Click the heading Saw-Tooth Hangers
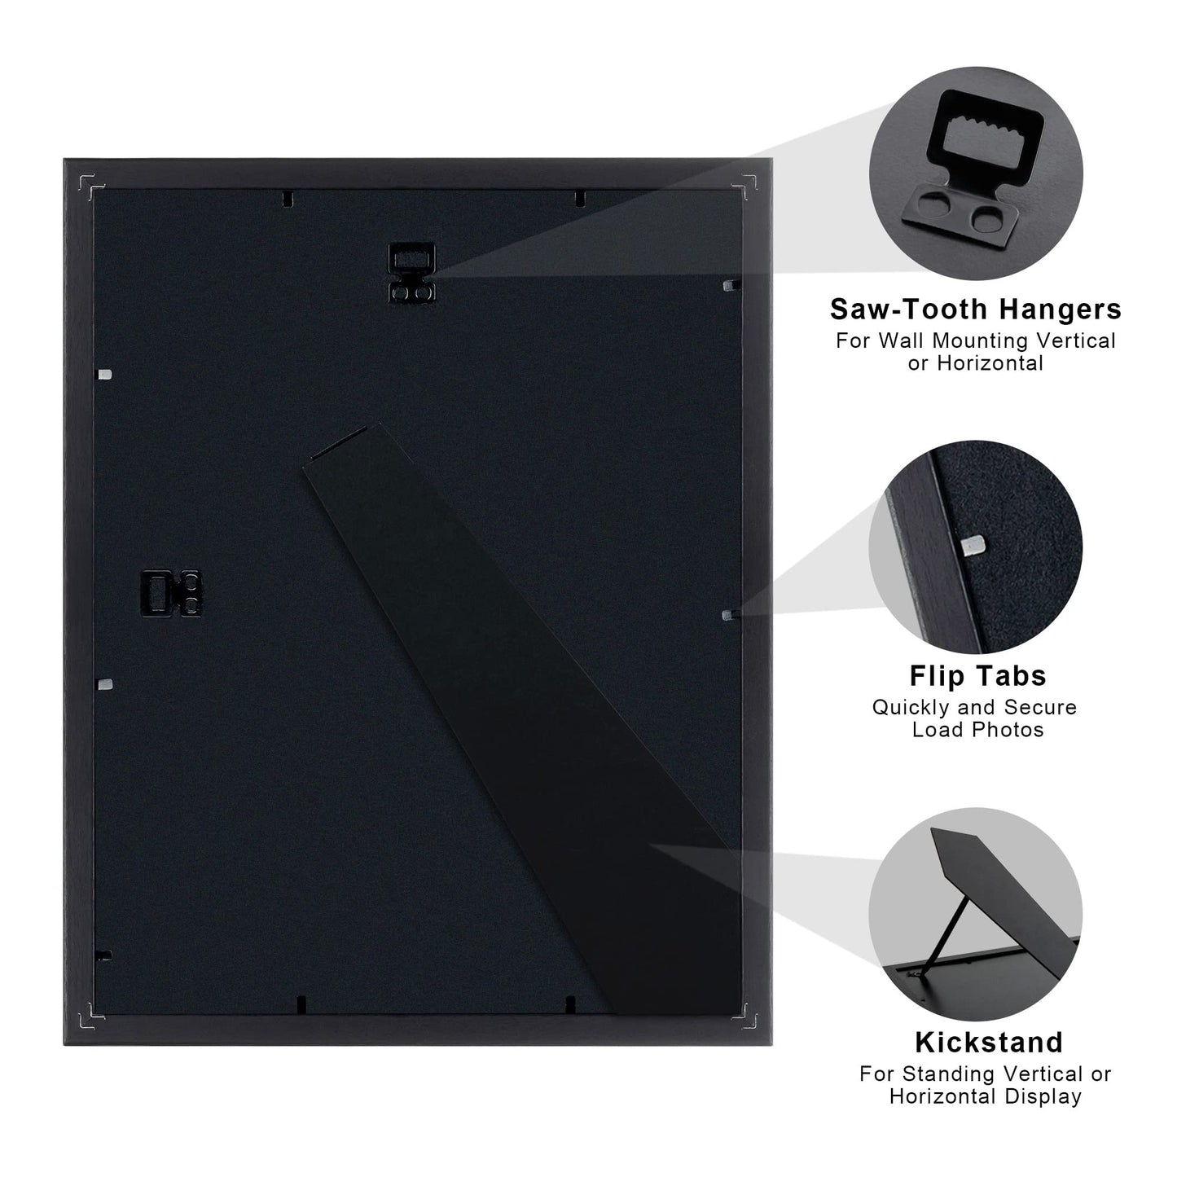(975, 310)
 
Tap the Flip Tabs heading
(977, 676)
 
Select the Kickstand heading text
(988, 1043)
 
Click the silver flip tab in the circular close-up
(972, 544)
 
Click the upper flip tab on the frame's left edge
(103, 375)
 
